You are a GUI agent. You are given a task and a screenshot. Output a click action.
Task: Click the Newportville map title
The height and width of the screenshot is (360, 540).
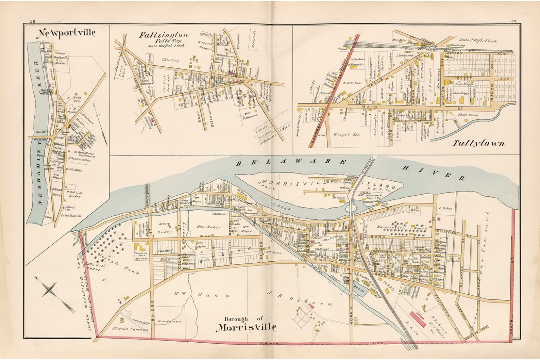(66, 33)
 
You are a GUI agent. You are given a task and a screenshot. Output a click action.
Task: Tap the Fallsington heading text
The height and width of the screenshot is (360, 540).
(164, 35)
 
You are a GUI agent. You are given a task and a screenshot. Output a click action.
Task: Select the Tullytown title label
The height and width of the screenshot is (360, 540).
(478, 143)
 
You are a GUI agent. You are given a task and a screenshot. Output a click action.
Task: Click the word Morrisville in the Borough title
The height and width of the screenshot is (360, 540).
(247, 327)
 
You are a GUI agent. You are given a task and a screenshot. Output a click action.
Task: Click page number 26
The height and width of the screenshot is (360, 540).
(33, 21)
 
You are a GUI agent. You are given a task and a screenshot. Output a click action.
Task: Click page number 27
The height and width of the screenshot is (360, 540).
(513, 21)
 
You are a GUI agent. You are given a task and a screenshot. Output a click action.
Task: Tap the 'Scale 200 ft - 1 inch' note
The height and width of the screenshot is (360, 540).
(478, 41)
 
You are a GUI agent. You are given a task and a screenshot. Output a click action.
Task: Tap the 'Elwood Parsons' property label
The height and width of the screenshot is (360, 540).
(131, 329)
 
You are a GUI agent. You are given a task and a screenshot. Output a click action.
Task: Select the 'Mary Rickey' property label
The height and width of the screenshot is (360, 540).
(208, 227)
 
